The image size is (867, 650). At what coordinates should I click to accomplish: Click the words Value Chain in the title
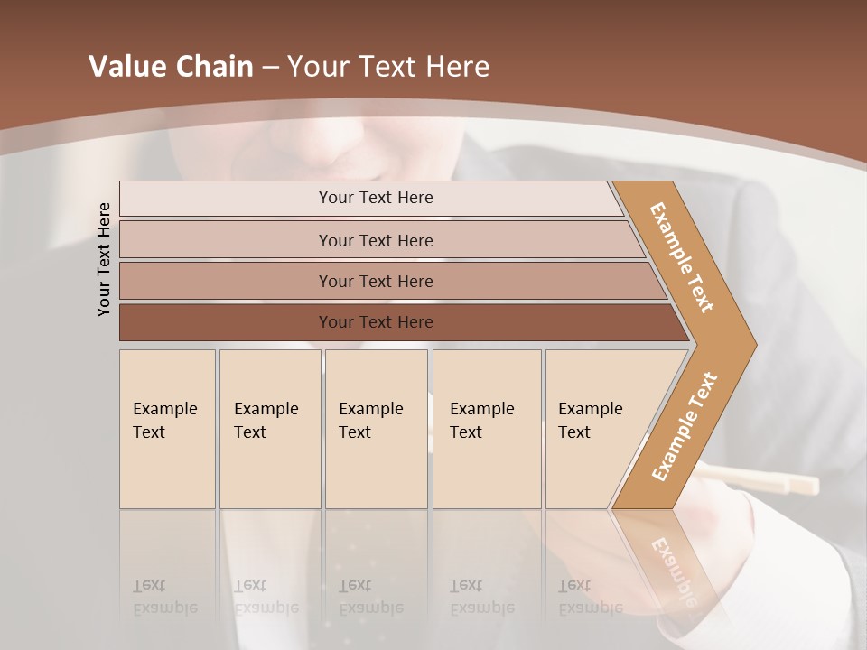(171, 67)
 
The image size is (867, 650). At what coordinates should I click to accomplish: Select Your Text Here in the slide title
(388, 67)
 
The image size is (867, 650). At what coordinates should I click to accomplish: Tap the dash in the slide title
(270, 68)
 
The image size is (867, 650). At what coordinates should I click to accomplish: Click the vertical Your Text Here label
(104, 259)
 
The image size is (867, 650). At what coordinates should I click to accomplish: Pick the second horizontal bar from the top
(376, 240)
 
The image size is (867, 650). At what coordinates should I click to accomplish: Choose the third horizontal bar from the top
(376, 281)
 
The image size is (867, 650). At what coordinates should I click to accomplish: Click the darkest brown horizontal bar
(376, 322)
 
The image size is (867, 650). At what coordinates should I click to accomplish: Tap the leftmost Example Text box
(167, 429)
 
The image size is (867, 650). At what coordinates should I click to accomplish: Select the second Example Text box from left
(269, 429)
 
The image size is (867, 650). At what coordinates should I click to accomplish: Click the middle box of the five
(376, 429)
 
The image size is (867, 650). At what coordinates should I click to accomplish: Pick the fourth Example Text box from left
(486, 429)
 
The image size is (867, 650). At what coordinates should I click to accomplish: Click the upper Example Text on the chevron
(682, 257)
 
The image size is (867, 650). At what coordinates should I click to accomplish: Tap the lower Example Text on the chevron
(685, 427)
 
